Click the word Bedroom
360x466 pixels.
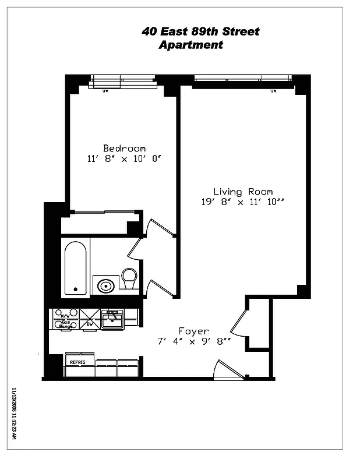tap(124, 148)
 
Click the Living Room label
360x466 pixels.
tap(242, 191)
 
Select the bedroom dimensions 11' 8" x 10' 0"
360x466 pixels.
tap(123, 158)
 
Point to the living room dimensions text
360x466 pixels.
tap(243, 202)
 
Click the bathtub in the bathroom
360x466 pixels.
tap(75, 268)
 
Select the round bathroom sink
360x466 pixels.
tap(106, 286)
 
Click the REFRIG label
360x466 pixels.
tap(78, 362)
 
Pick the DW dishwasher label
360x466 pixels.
tap(89, 324)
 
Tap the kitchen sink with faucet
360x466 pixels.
tap(112, 318)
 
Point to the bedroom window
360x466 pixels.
tap(122, 82)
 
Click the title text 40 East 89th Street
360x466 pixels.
tap(200, 31)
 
